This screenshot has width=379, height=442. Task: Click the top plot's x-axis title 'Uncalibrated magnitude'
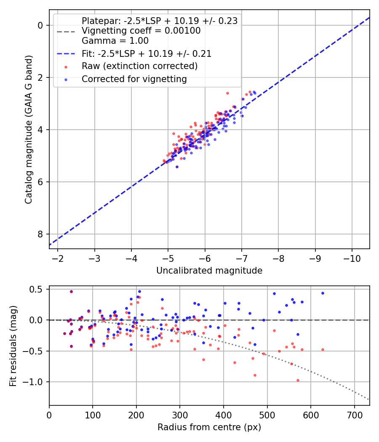click(x=209, y=271)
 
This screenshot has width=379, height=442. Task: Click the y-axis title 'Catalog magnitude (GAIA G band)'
click(x=28, y=130)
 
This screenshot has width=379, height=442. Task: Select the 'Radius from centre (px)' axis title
click(x=209, y=427)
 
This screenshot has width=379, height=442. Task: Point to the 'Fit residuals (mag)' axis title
click(x=13, y=346)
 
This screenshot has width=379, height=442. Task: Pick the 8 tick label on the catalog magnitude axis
click(x=40, y=234)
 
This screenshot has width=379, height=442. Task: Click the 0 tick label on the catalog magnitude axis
click(x=40, y=25)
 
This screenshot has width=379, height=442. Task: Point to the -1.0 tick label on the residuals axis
click(x=36, y=382)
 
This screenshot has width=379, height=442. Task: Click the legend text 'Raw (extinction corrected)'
click(x=139, y=66)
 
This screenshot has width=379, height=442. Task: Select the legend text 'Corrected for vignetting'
click(x=134, y=79)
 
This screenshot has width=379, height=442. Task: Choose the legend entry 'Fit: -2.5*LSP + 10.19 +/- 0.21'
click(x=147, y=53)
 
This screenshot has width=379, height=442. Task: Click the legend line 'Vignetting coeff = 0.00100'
click(x=141, y=31)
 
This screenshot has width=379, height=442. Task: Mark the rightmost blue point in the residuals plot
click(x=323, y=293)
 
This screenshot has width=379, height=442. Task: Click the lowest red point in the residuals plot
click(x=298, y=380)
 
